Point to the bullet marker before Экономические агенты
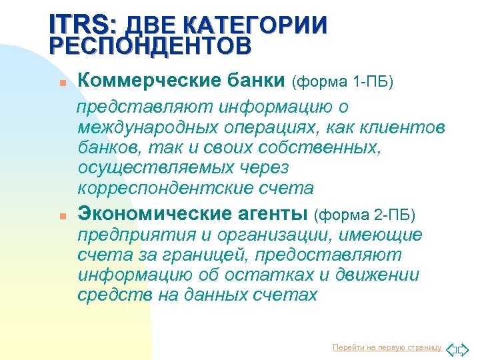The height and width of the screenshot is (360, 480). [x=63, y=217]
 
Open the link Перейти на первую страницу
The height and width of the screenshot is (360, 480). [x=387, y=347]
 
